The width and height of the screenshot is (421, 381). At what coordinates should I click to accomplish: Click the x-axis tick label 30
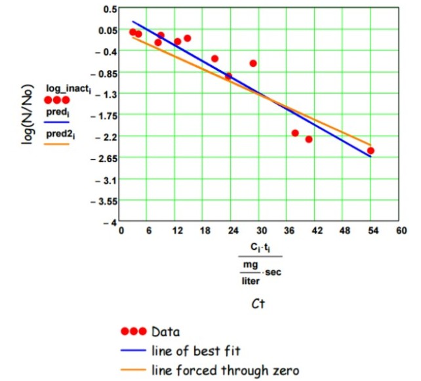point(261,231)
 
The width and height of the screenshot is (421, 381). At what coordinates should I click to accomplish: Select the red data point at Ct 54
point(371,151)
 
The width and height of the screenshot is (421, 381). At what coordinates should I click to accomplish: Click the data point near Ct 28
point(253,64)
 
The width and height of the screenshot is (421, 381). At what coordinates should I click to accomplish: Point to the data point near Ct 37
point(295,133)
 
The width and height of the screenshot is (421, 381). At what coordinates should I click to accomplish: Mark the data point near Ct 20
point(214,58)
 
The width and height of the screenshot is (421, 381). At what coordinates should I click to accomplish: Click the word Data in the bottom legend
point(165,331)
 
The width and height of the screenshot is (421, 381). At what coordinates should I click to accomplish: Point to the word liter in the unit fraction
point(250,280)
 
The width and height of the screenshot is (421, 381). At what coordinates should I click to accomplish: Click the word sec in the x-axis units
point(273,271)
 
